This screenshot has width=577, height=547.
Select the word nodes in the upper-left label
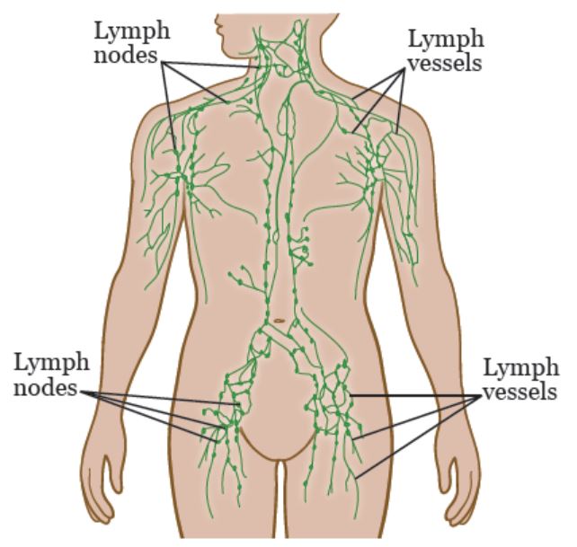[126, 56]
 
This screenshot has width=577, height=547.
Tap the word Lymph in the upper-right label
[446, 40]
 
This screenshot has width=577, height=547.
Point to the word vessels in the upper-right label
[445, 63]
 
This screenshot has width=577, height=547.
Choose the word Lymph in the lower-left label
[51, 364]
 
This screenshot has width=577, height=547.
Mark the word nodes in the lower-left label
[46, 387]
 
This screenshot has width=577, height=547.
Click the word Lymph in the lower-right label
[520, 369]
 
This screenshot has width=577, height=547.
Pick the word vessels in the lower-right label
[519, 392]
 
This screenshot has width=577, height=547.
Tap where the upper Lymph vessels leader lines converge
[403, 71]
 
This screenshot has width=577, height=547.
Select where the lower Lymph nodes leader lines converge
[90, 393]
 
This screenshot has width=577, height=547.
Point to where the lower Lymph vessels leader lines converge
[480, 396]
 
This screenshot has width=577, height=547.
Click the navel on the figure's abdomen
[280, 321]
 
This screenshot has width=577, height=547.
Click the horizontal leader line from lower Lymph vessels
[415, 396]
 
